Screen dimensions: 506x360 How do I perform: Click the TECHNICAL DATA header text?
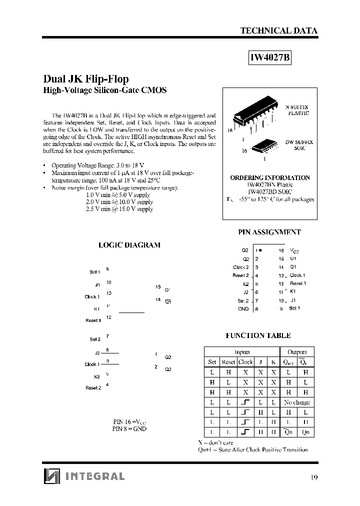pos(278,30)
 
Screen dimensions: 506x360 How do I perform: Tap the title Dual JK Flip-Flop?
pos(86,79)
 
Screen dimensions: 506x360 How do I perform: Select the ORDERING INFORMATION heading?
pos(269,177)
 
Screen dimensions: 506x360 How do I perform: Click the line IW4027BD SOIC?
pos(269,191)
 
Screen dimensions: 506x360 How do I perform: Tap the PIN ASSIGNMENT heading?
pos(269,232)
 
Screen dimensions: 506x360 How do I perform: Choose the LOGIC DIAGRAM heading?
pos(129,245)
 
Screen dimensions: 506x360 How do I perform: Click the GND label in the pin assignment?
pos(243,309)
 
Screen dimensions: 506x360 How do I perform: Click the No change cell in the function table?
pos(297,402)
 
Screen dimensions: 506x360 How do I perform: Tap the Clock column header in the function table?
pos(245,361)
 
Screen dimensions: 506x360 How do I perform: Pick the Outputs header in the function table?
pos(297,351)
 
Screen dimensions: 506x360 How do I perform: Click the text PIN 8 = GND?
pos(129,429)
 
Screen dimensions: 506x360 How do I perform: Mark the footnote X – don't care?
pos(215,442)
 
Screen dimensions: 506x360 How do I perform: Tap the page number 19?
pos(313,477)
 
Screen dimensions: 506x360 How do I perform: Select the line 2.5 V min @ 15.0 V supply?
pos(119,209)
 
